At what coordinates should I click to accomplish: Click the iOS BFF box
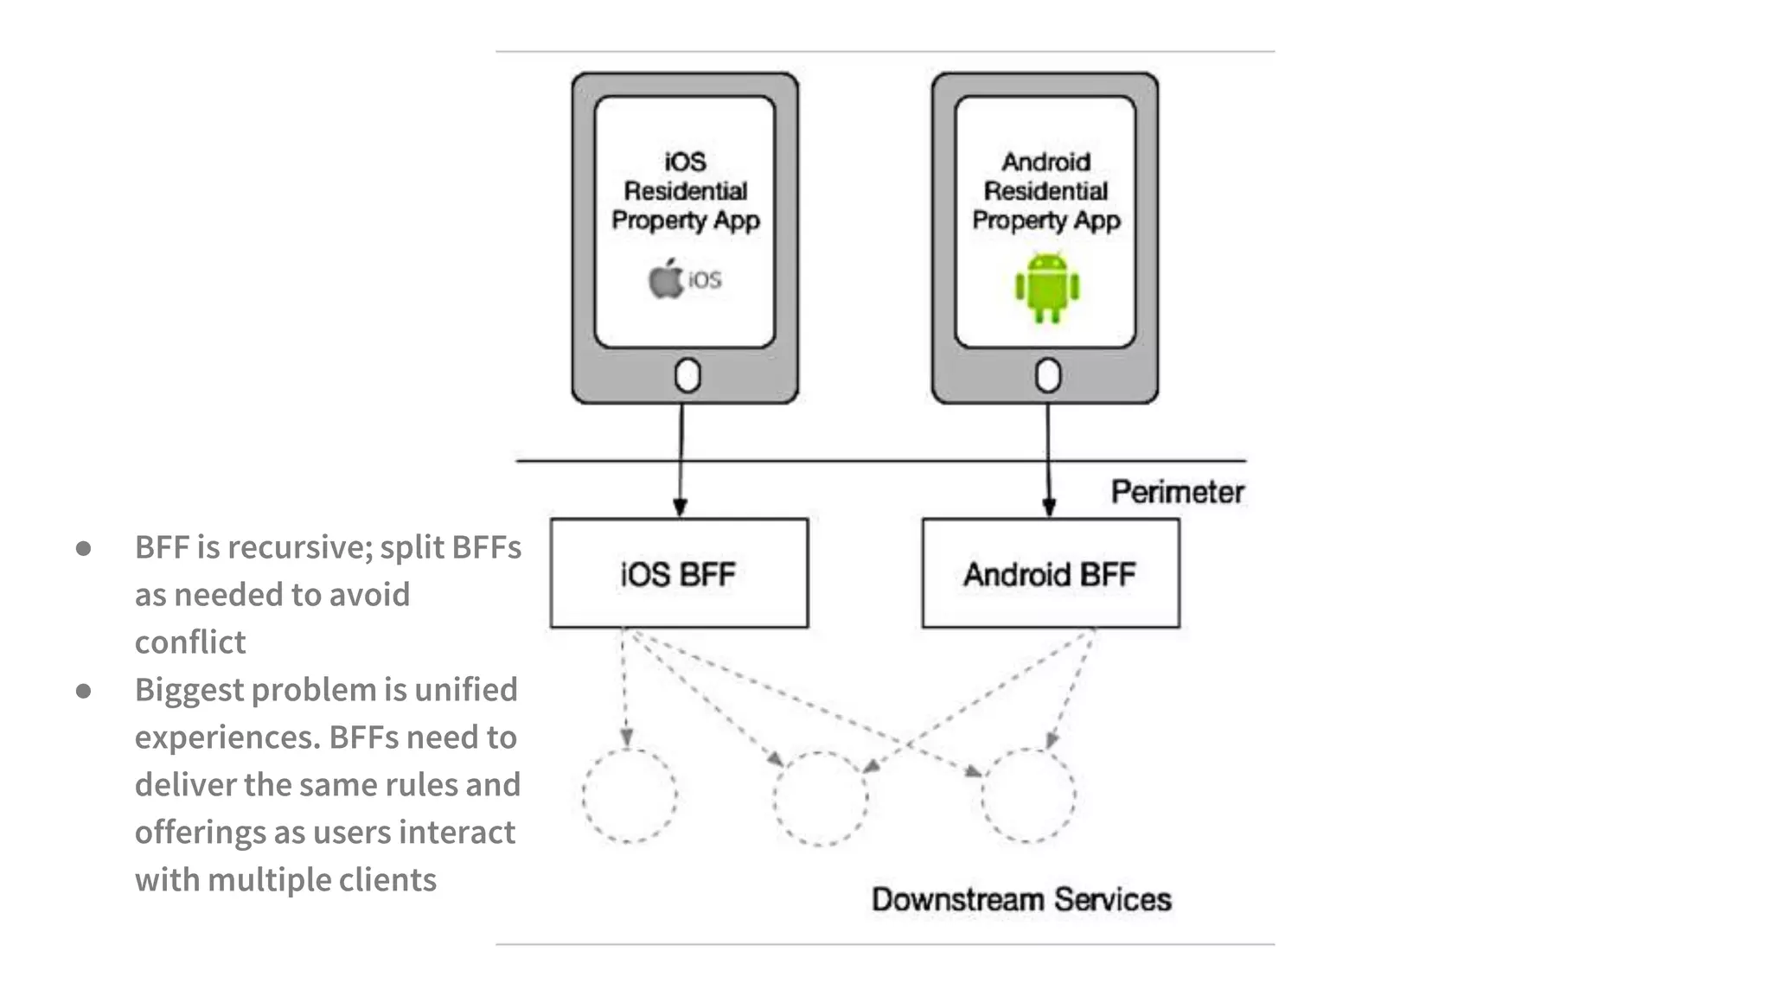pyautogui.click(x=679, y=573)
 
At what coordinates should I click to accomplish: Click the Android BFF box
pyautogui.click(x=1050, y=573)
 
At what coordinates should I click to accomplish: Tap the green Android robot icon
pyautogui.click(x=1047, y=288)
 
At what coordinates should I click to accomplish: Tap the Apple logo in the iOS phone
pyautogui.click(x=666, y=279)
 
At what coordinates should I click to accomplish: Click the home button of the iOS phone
pyautogui.click(x=687, y=376)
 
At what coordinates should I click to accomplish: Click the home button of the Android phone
pyautogui.click(x=1048, y=376)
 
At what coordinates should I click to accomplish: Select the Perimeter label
pyautogui.click(x=1177, y=492)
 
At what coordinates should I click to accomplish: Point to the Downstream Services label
pyautogui.click(x=1021, y=899)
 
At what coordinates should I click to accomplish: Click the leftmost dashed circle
pyautogui.click(x=630, y=795)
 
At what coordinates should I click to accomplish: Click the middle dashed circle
pyautogui.click(x=820, y=797)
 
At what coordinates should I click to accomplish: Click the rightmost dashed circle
pyautogui.click(x=1028, y=795)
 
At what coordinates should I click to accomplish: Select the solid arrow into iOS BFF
pyautogui.click(x=681, y=467)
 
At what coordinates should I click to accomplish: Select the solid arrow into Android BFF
pyautogui.click(x=1048, y=467)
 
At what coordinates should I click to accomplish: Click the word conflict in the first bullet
pyautogui.click(x=190, y=642)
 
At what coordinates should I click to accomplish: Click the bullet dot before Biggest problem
pyautogui.click(x=84, y=690)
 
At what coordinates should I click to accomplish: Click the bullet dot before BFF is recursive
pyautogui.click(x=84, y=547)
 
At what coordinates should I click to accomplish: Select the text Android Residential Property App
pyautogui.click(x=1045, y=191)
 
